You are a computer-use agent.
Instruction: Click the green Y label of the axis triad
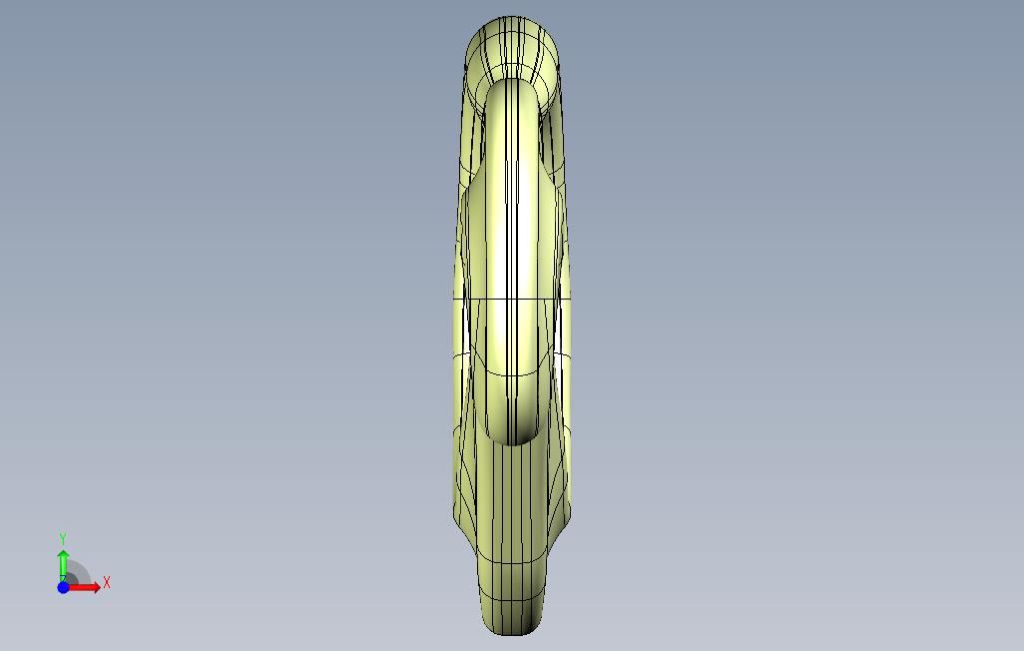pyautogui.click(x=63, y=539)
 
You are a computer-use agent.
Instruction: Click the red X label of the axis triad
pyautogui.click(x=107, y=583)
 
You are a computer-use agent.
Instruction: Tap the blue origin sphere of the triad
pyautogui.click(x=63, y=587)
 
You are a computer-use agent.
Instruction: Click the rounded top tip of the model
pyautogui.click(x=512, y=18)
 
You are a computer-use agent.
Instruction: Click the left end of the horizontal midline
pyautogui.click(x=455, y=299)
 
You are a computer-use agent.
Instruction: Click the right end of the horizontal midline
pyautogui.click(x=571, y=299)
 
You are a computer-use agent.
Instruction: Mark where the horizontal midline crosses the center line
pyautogui.click(x=512, y=299)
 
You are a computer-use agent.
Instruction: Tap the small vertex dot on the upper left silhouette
pyautogui.click(x=465, y=68)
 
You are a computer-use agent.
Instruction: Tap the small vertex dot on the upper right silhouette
pyautogui.click(x=559, y=68)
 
